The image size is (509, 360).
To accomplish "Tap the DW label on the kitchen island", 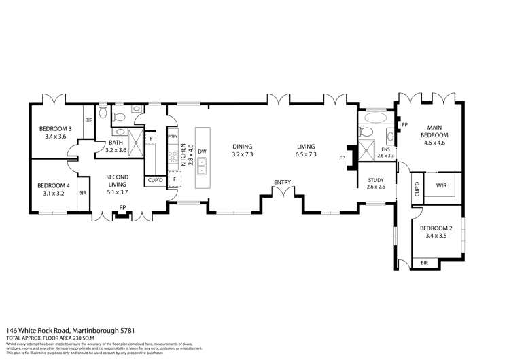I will click(203, 151).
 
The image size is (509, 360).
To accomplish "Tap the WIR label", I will click(440, 184).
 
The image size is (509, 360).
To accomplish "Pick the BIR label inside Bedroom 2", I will click(425, 262).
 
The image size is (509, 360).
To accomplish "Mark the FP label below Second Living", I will click(122, 207).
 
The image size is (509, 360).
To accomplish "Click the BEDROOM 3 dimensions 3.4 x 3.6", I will click(56, 137).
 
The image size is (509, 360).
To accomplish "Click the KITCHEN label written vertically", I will click(183, 155).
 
